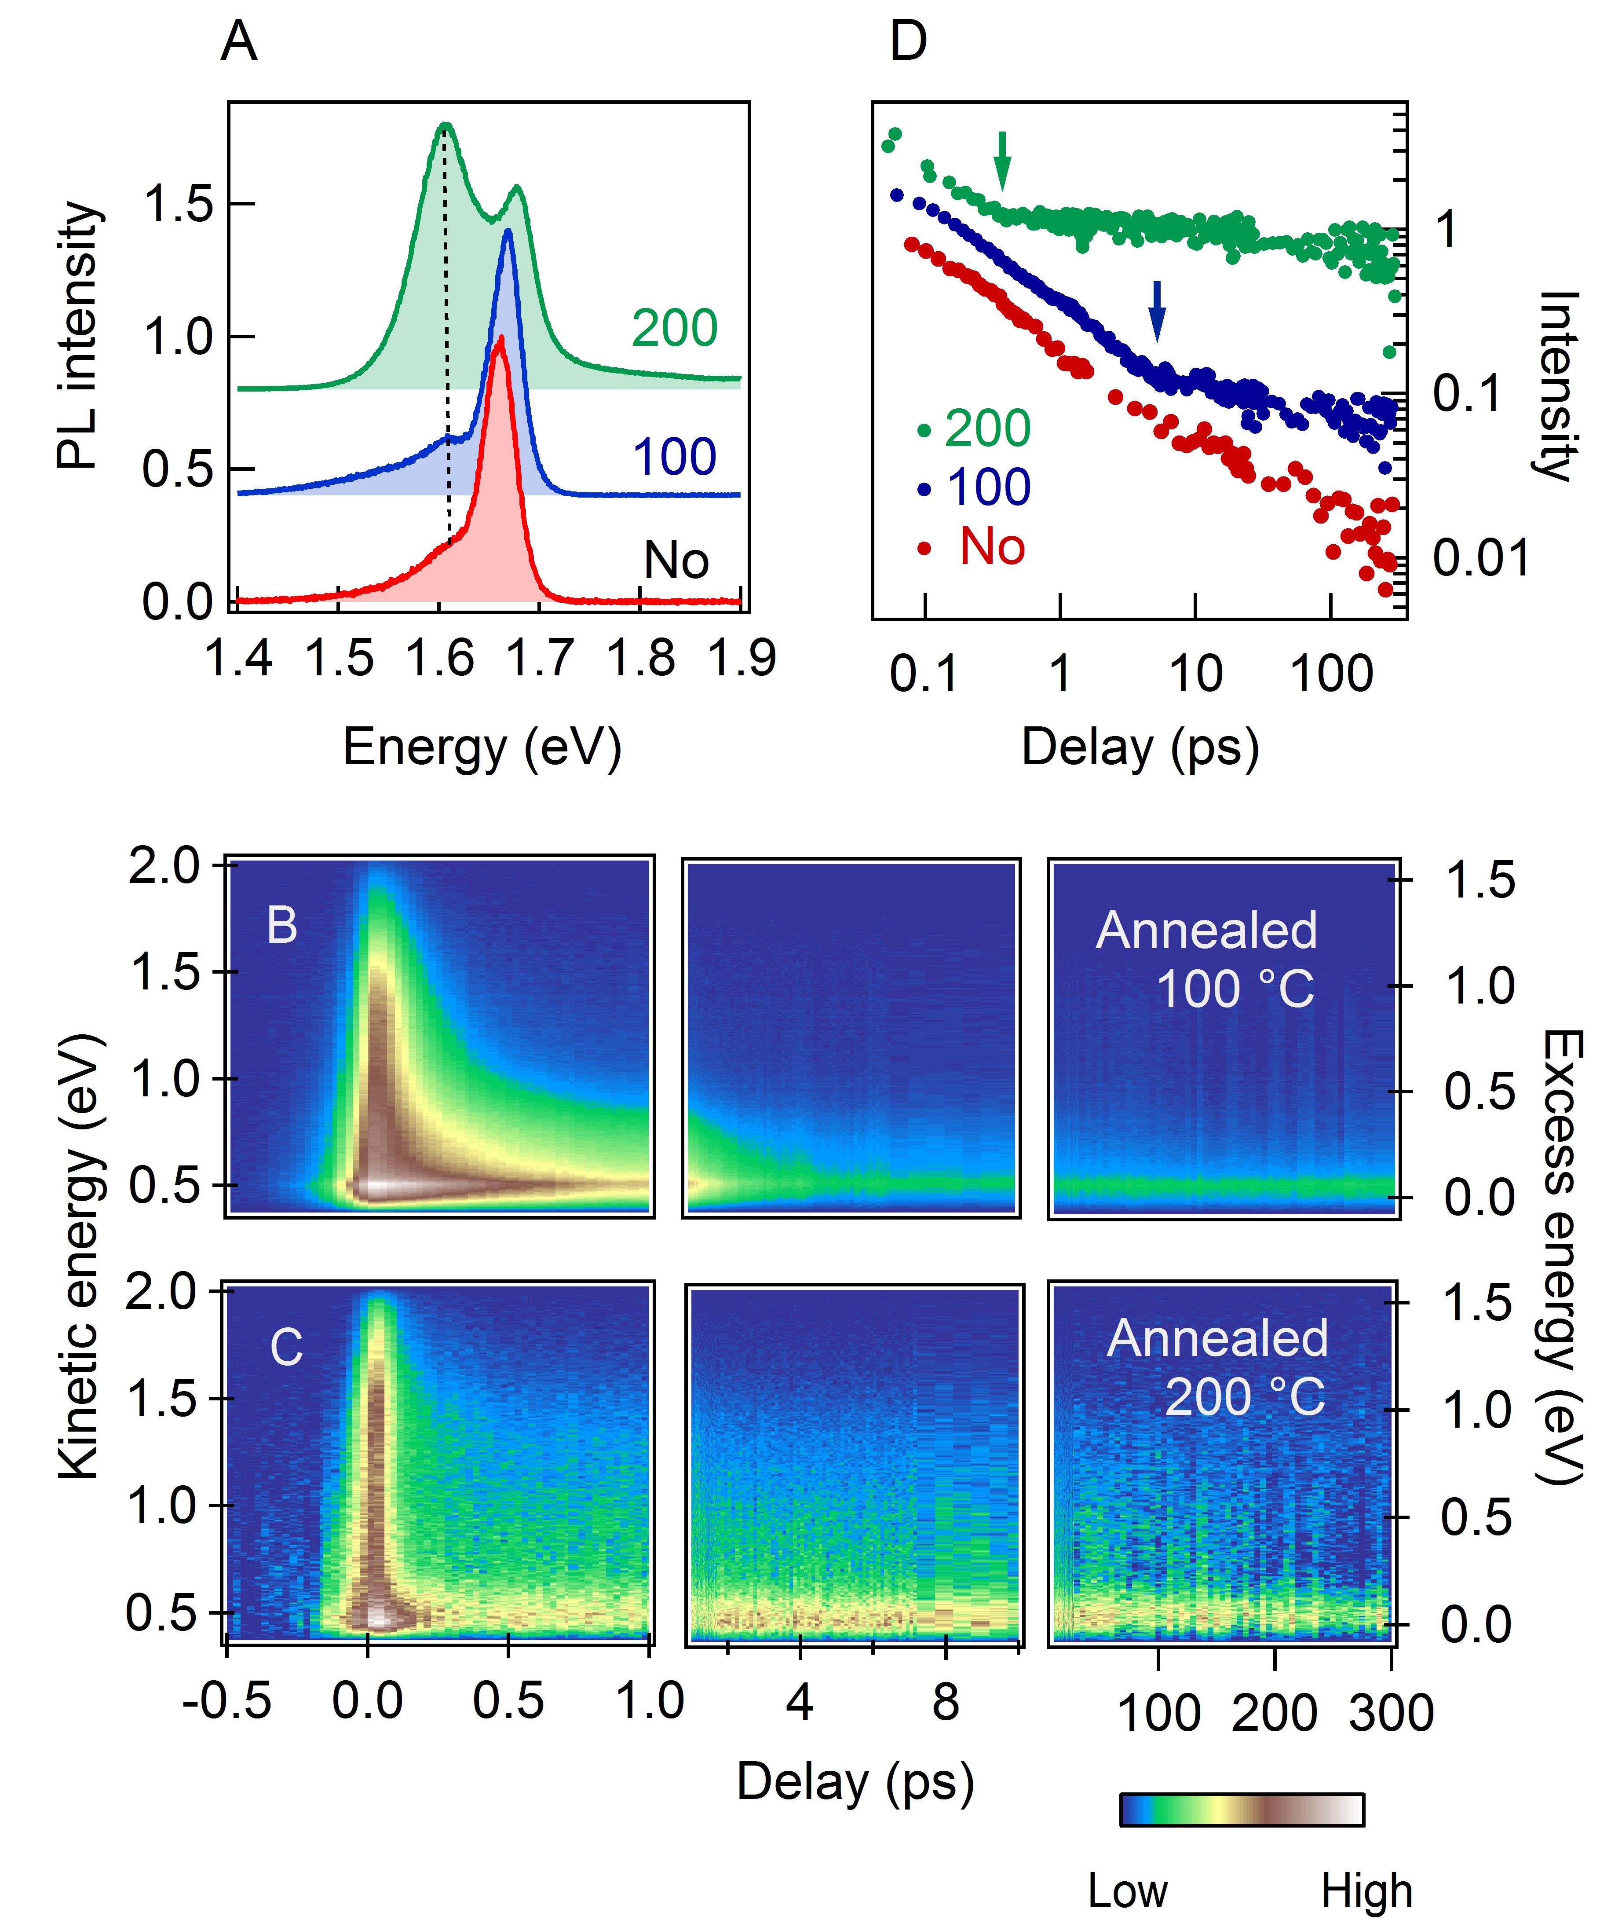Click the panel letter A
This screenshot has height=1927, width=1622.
pyautogui.click(x=239, y=42)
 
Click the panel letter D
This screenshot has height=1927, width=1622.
pyautogui.click(x=909, y=42)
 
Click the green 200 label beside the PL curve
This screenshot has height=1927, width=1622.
pyautogui.click(x=674, y=328)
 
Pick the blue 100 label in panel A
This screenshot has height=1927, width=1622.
pyautogui.click(x=674, y=457)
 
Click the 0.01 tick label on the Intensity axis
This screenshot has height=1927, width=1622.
pyautogui.click(x=1480, y=558)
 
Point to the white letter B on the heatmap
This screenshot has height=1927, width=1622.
pyautogui.click(x=282, y=925)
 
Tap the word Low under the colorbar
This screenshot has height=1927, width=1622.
pyautogui.click(x=1127, y=1892)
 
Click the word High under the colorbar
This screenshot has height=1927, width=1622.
pyautogui.click(x=1366, y=1892)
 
